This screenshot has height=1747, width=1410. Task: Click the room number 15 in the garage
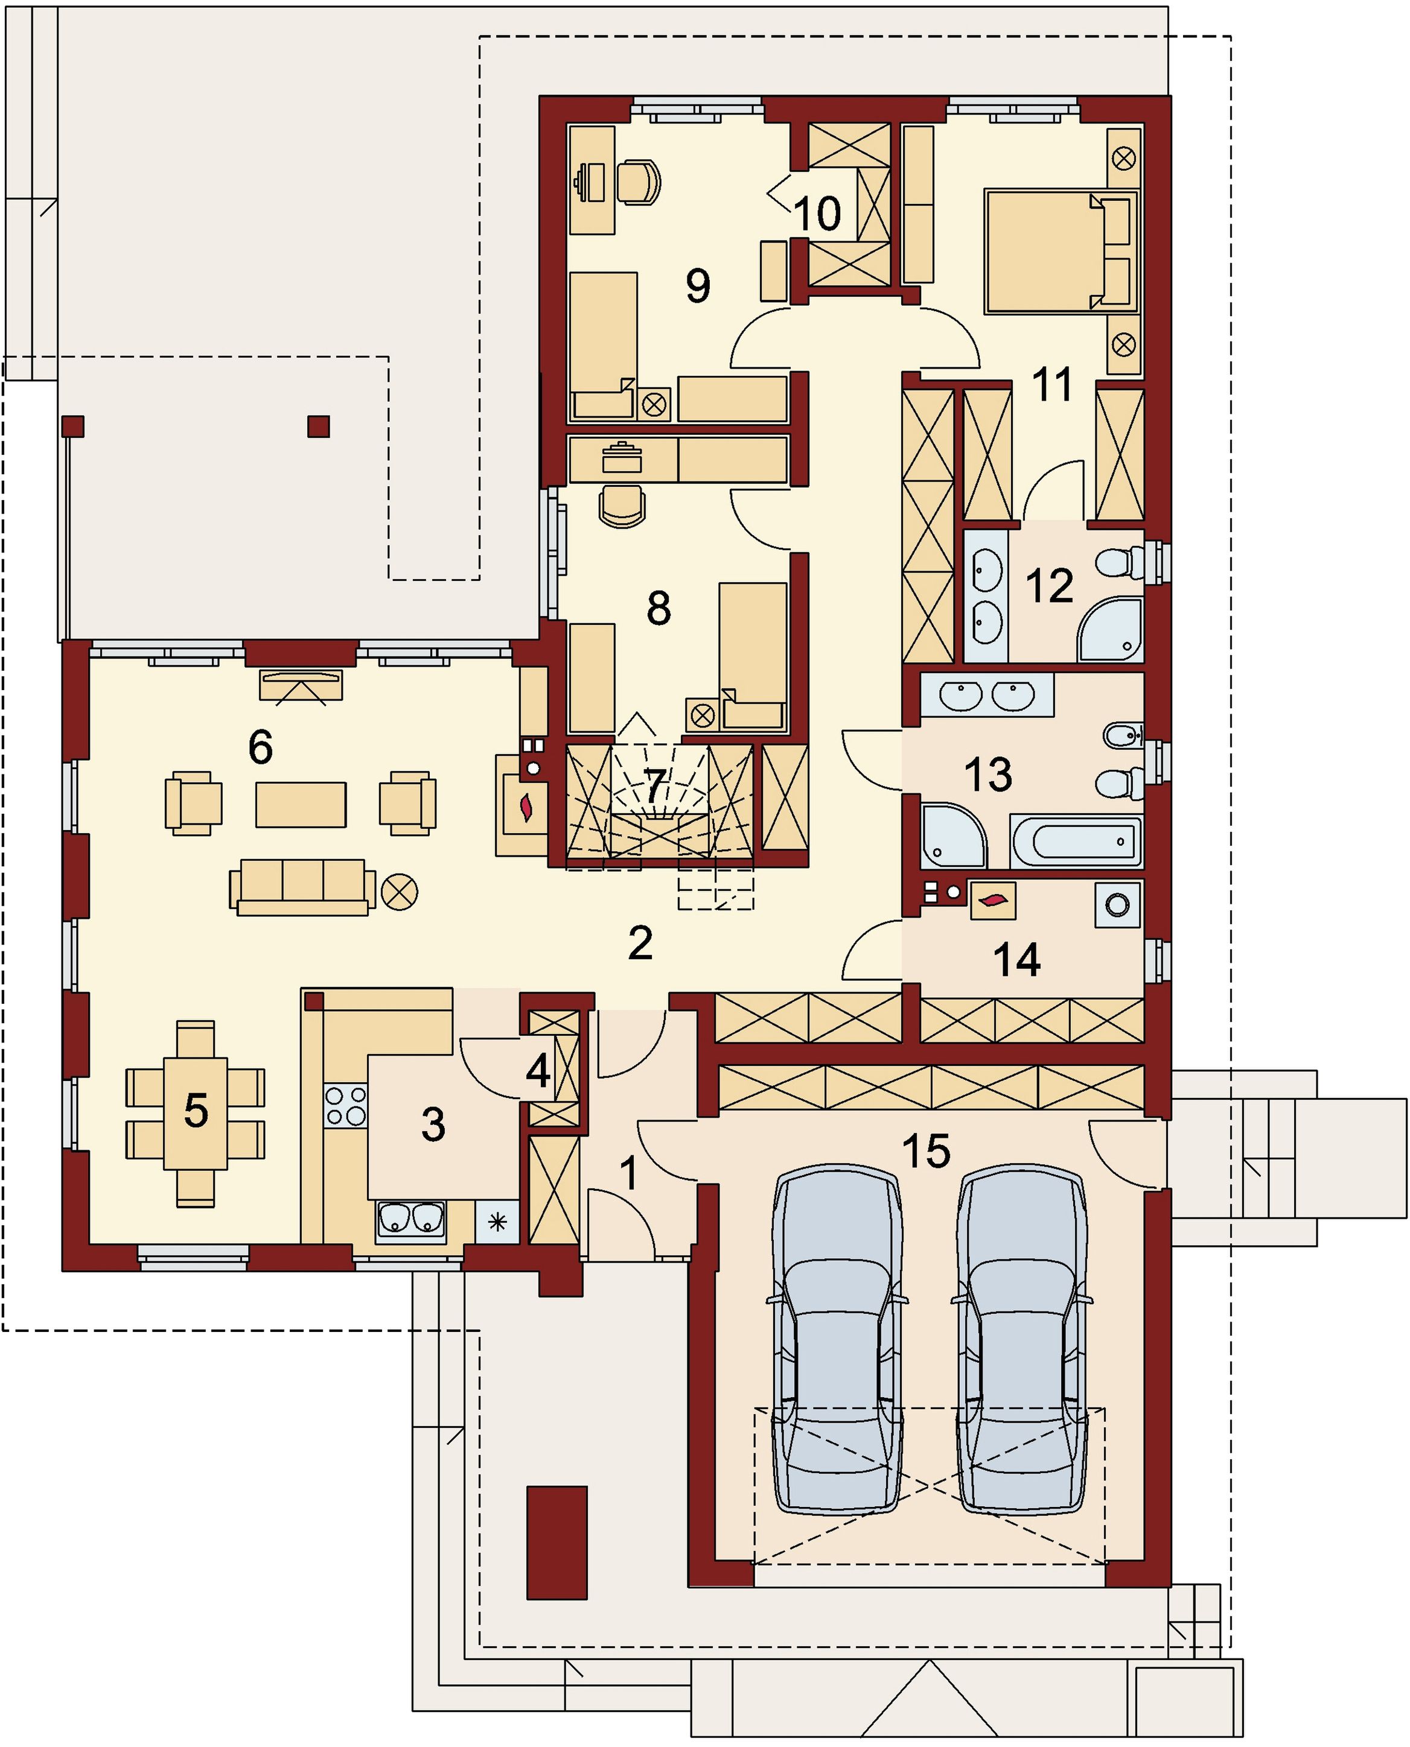[x=926, y=1150]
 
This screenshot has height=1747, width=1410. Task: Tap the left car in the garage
[x=837, y=1339]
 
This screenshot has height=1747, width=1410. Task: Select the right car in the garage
[x=1022, y=1339]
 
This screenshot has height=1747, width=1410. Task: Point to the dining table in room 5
[x=195, y=1112]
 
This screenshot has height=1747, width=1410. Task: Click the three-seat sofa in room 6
[x=302, y=887]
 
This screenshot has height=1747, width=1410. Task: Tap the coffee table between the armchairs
[x=301, y=805]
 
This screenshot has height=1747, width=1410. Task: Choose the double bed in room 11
[x=1061, y=251]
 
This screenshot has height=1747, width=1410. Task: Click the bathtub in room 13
[x=1076, y=842]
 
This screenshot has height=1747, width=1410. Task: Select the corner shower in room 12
[x=1110, y=629]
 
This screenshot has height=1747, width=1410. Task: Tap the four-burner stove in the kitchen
[x=345, y=1106]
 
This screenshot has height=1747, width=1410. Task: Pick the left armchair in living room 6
[x=193, y=803]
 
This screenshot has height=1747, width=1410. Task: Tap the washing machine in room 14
[x=1118, y=904]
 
